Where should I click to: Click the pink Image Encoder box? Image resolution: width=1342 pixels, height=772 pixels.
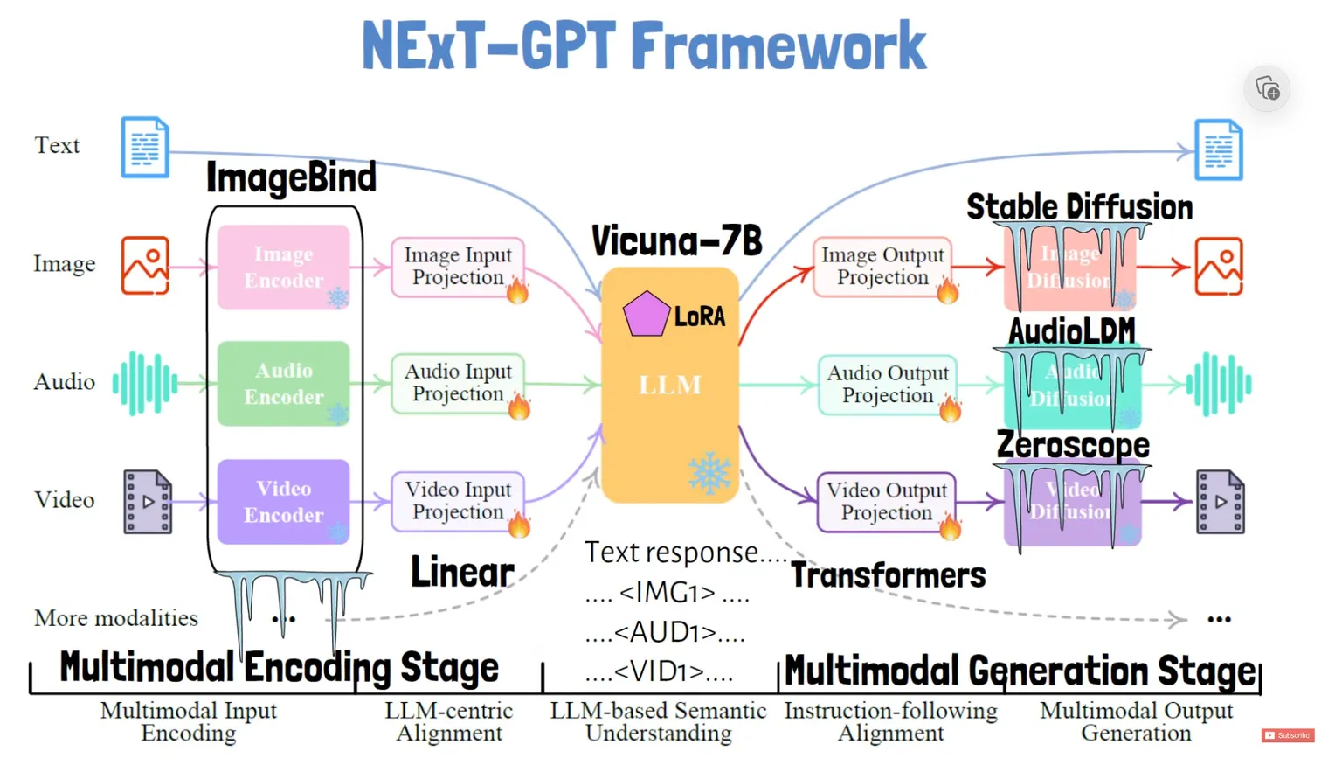pos(283,267)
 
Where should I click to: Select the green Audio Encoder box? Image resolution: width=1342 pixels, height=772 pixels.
pos(283,384)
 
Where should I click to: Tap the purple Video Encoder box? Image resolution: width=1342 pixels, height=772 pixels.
pos(283,502)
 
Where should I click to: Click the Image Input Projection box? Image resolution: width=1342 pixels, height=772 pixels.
pos(457,267)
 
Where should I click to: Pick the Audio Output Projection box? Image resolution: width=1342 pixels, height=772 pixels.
pos(887,385)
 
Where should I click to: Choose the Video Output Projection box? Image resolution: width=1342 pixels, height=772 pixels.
pos(886,502)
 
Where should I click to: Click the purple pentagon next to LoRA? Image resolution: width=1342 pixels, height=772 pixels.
pos(646,314)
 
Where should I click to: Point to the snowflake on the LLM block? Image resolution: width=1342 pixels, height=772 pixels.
pos(709,473)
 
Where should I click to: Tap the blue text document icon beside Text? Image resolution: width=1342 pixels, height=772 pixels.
pos(145,147)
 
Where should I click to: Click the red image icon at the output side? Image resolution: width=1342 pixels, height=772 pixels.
pos(1219,266)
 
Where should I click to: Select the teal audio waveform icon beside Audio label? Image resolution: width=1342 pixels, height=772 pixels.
pos(145,383)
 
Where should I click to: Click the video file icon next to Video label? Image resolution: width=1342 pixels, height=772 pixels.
pos(148,502)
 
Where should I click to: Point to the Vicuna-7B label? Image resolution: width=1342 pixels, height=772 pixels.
pos(676,240)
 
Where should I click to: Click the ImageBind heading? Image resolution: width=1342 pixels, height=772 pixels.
pos(291,177)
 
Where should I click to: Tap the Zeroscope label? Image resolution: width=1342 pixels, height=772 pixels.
pos(1073,445)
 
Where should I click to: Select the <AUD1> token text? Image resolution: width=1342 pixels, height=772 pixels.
pos(664,631)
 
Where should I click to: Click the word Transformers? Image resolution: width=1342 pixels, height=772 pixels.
pos(888,575)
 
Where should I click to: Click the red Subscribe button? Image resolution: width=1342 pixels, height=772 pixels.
pos(1288,736)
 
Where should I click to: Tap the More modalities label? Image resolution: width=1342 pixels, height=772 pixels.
pos(116,618)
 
